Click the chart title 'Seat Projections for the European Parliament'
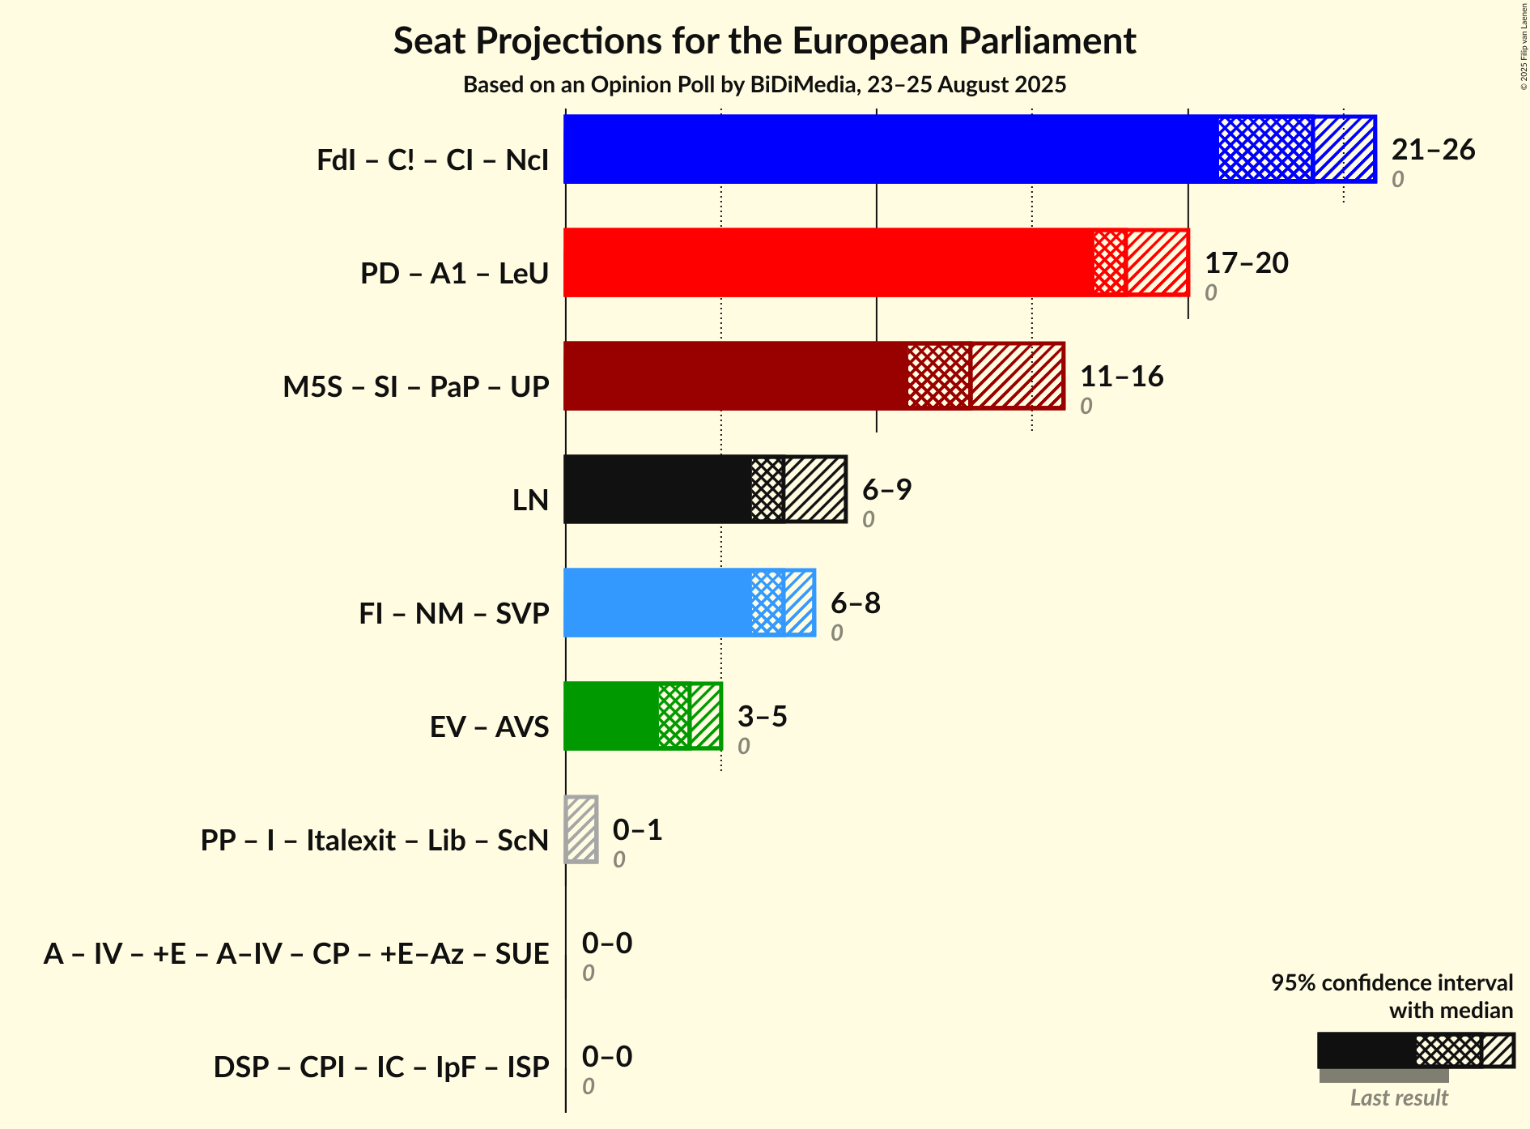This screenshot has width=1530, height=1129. [x=764, y=41]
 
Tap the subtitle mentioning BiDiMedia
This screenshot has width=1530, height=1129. [x=764, y=85]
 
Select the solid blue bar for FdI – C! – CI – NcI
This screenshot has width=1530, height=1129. [x=890, y=149]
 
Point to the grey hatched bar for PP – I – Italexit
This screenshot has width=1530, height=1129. [x=581, y=829]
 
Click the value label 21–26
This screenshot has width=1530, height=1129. [x=1433, y=150]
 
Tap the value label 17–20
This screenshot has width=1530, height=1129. [x=1246, y=263]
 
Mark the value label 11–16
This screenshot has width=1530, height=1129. [x=1121, y=377]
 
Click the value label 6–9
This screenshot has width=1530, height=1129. [x=886, y=490]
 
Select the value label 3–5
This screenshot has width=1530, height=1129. [x=762, y=717]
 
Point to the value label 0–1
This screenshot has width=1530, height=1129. [x=637, y=830]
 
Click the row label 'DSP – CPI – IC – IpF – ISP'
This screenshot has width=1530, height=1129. [x=381, y=1067]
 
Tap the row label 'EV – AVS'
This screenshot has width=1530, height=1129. [x=489, y=727]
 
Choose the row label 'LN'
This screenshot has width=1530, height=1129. [x=530, y=501]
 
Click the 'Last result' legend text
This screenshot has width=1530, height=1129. [x=1398, y=1098]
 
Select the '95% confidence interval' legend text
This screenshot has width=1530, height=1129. [x=1391, y=983]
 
